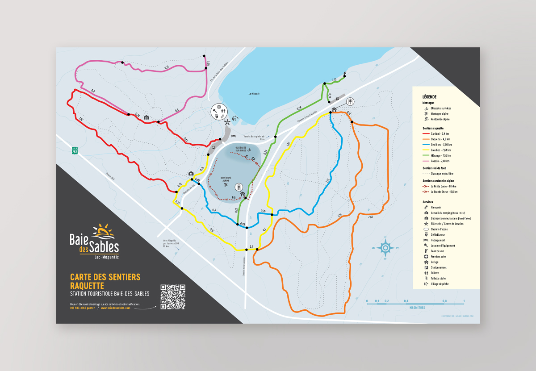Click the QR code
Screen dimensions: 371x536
[x=172, y=297]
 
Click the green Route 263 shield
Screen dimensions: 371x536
[x=75, y=151]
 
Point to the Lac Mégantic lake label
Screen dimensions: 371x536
[x=254, y=94]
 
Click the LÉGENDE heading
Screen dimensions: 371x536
[x=429, y=97]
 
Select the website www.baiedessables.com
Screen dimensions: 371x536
[x=115, y=308]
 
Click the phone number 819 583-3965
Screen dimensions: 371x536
[x=83, y=308]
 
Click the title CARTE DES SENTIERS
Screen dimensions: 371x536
[x=105, y=277]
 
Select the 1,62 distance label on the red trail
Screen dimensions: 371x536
[x=80, y=120]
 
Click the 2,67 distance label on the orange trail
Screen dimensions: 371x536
[x=370, y=217]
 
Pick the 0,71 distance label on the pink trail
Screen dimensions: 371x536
[x=167, y=67]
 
